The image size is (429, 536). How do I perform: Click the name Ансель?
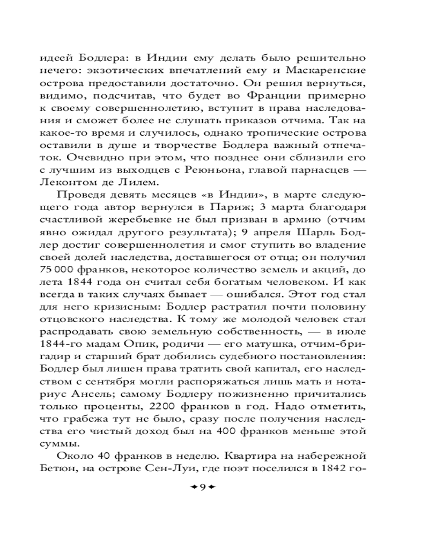(x=72, y=391)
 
